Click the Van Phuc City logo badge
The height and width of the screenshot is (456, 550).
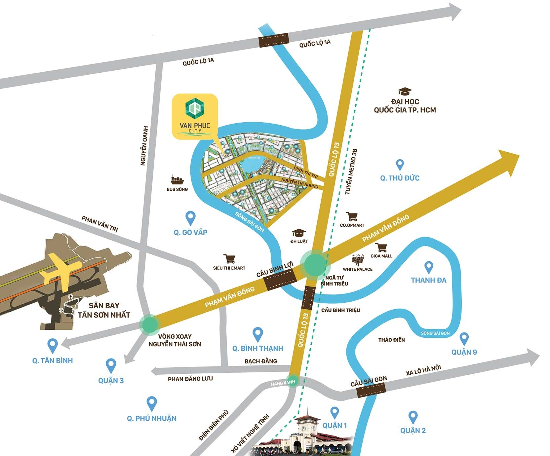[195, 116]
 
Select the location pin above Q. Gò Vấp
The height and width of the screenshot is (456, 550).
[191, 218]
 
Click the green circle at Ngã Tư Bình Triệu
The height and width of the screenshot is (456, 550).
[315, 263]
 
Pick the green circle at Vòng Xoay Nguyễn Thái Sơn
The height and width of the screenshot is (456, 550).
[150, 324]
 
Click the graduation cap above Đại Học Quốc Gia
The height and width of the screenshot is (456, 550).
[405, 92]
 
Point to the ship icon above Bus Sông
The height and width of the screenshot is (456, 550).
[177, 180]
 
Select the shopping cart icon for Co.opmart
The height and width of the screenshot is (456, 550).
[352, 217]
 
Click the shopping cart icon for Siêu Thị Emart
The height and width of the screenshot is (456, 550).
[229, 259]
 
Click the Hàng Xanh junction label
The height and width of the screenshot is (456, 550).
[283, 383]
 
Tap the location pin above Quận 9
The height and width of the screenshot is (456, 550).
[464, 338]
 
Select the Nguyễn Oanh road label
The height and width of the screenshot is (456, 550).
[144, 145]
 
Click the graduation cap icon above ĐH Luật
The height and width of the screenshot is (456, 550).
[299, 233]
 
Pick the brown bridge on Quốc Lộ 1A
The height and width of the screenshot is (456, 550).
[274, 40]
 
